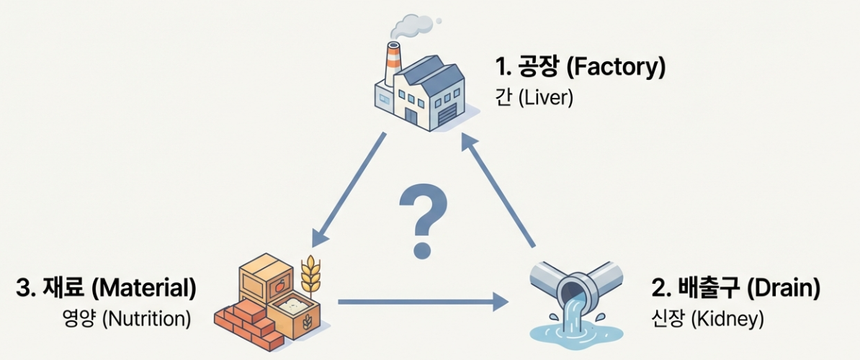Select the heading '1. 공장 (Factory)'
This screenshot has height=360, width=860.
click(x=580, y=68)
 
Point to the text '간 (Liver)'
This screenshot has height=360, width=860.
click(x=535, y=97)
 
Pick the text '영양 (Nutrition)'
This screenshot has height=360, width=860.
click(x=127, y=318)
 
